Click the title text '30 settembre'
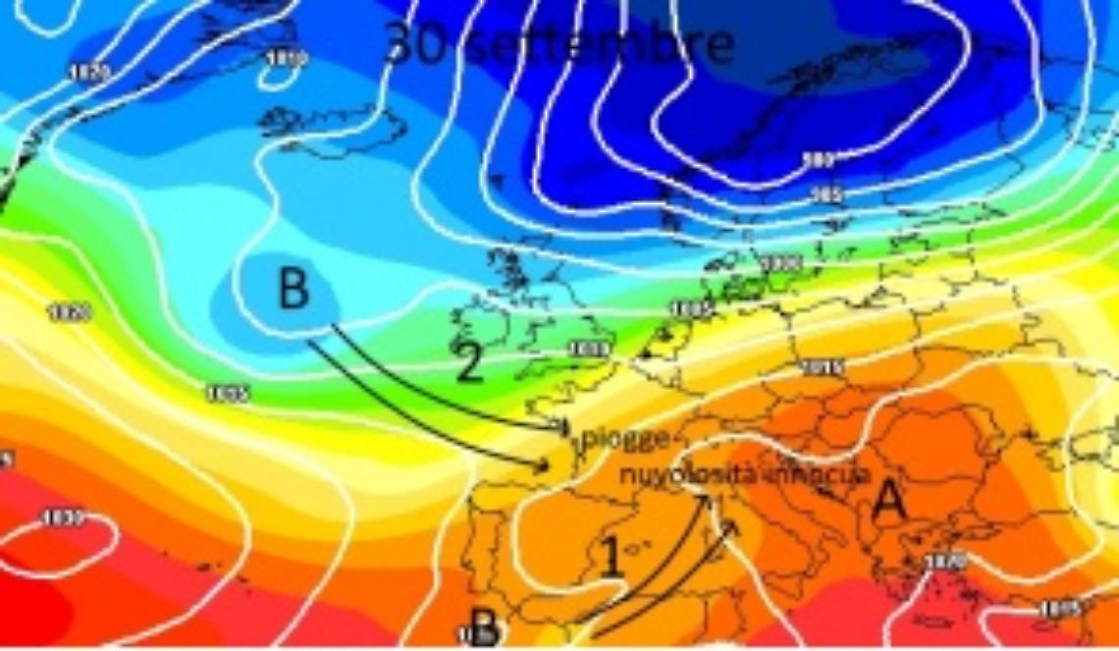click(559, 45)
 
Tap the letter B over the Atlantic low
click(293, 291)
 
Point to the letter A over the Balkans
click(888, 502)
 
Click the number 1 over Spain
click(612, 559)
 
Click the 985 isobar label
click(827, 194)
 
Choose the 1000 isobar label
click(780, 263)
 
